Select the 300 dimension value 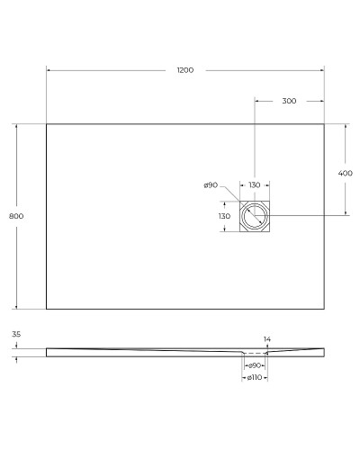click(x=289, y=101)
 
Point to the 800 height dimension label click(x=14, y=217)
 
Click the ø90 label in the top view click(x=211, y=185)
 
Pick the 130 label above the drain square click(x=255, y=184)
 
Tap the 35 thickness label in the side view click(x=16, y=334)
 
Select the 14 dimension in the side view click(x=266, y=339)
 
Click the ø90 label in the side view click(x=255, y=365)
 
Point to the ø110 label click(x=255, y=378)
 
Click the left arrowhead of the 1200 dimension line click(x=49, y=70)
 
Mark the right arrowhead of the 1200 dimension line click(x=321, y=70)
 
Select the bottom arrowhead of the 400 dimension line click(x=345, y=214)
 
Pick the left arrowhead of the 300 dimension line click(x=257, y=101)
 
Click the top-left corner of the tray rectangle click(x=46, y=123)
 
